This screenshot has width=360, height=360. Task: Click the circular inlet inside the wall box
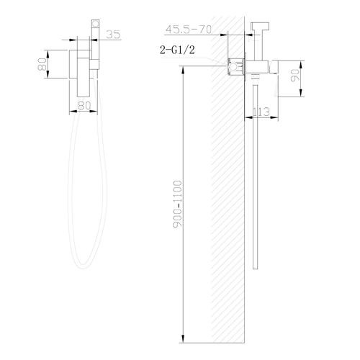click(x=233, y=66)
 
